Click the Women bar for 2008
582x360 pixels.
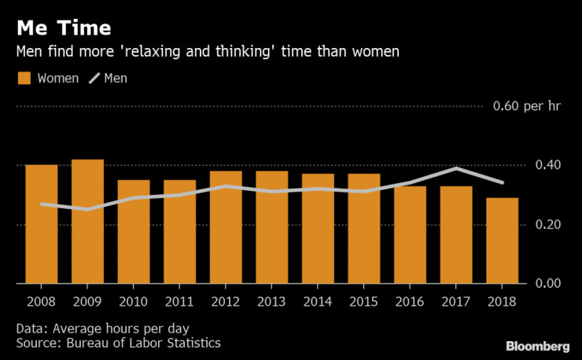41,224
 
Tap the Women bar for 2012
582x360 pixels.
226,227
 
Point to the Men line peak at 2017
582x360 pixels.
456,168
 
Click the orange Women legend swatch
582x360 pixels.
24,79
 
